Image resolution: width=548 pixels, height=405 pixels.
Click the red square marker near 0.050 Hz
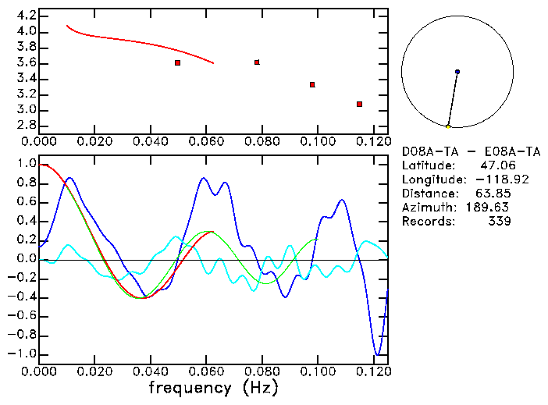[x=178, y=62]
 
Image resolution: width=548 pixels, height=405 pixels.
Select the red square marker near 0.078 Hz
[x=257, y=62]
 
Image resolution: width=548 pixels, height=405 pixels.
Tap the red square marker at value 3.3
[x=312, y=84]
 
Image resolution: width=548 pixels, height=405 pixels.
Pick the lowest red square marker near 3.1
[x=359, y=104]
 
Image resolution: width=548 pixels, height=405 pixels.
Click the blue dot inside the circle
[x=457, y=72]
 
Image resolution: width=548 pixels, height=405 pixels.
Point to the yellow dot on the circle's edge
[x=448, y=126]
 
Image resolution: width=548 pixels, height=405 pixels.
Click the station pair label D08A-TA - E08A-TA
[x=471, y=151]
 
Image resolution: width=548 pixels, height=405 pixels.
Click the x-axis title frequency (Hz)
[x=213, y=387]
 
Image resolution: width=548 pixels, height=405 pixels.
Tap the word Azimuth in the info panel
[x=426, y=208]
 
